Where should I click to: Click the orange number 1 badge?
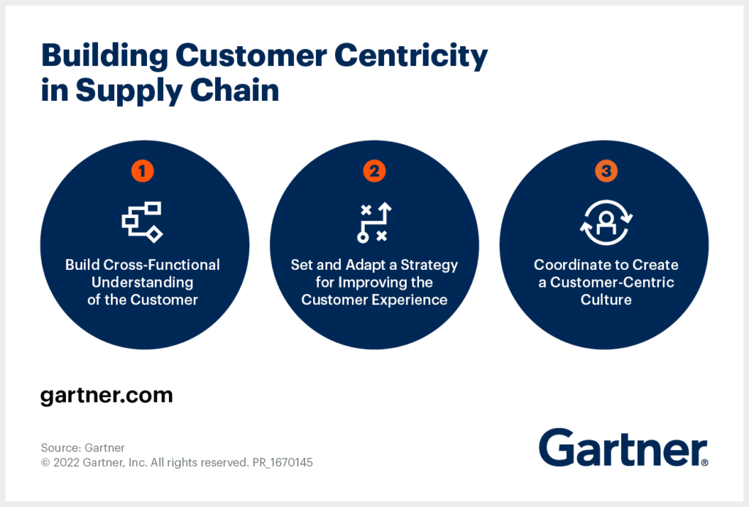[x=143, y=171]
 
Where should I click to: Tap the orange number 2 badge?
[x=374, y=171]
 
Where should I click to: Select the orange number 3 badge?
[x=606, y=171]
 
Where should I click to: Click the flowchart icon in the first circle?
[x=143, y=222]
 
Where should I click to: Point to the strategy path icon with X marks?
[x=374, y=222]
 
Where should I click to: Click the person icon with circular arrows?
[x=606, y=222]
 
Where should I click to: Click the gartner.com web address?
[x=107, y=396]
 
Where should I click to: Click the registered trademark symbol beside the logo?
[x=705, y=462]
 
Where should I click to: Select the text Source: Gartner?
[x=83, y=448]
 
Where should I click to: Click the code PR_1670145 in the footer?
[x=283, y=462]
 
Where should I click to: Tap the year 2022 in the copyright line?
[x=67, y=462]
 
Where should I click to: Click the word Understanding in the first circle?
[x=143, y=282]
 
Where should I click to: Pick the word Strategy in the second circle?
[x=429, y=266]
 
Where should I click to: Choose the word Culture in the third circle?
[x=606, y=300]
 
